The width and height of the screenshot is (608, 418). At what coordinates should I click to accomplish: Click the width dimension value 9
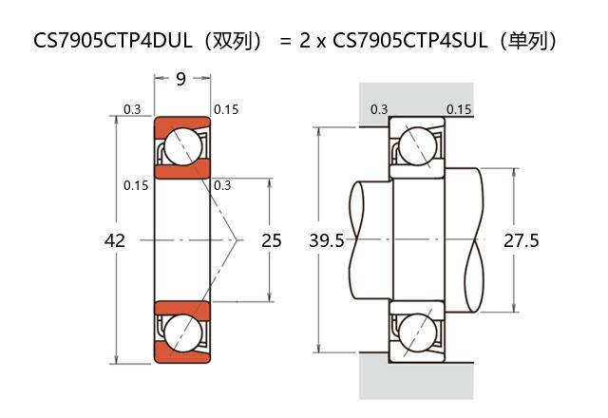tap(180, 79)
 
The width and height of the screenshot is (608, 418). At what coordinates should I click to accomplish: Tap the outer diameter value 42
tap(114, 241)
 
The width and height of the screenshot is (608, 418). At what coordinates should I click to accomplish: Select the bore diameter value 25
tap(272, 241)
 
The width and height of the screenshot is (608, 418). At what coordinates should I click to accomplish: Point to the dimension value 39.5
tap(327, 241)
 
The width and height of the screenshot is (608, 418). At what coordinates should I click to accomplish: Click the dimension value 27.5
tap(521, 241)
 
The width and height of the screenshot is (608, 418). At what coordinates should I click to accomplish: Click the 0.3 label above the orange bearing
tap(132, 110)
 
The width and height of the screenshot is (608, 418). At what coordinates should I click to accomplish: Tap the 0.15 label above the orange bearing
tap(226, 110)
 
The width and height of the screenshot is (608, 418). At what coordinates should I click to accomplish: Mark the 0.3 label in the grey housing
tap(379, 109)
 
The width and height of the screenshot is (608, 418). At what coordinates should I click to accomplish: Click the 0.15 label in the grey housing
tap(459, 109)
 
